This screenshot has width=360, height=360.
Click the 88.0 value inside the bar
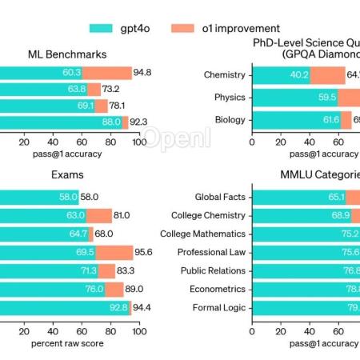tap(110, 122)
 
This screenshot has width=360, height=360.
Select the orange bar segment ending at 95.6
tap(114, 252)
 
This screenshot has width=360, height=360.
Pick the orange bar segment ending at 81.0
tap(99, 215)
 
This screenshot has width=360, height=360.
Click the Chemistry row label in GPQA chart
tap(225, 75)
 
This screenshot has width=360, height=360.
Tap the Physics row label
tap(230, 98)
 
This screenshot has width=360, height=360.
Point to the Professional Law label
tap(214, 252)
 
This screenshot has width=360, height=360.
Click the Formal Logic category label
tap(221, 307)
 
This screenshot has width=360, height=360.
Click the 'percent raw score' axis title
tap(68, 343)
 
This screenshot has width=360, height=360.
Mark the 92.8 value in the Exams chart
tap(118, 307)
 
